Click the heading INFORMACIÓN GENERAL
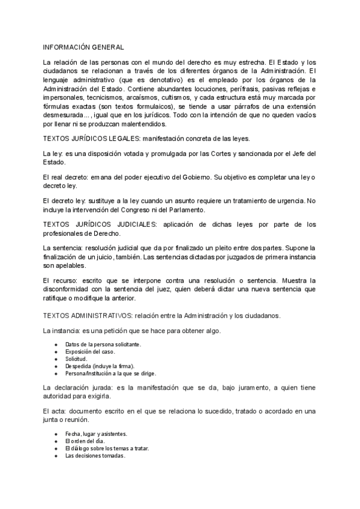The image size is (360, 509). point(83,47)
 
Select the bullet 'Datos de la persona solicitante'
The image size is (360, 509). point(103,345)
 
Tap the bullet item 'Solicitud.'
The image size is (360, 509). point(77,359)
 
